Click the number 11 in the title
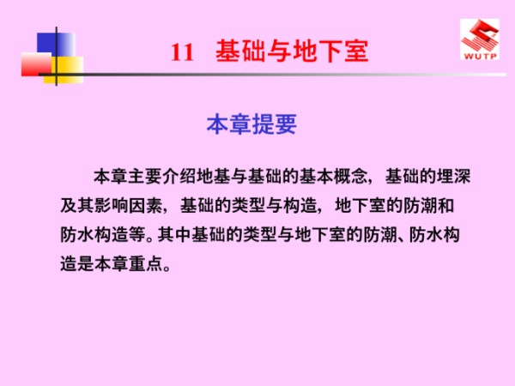[x=182, y=51]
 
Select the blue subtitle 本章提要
[x=251, y=125]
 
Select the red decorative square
[x=38, y=64]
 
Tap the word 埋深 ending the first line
[x=454, y=178]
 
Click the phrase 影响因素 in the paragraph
[x=135, y=206]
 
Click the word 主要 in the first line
[x=142, y=178]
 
